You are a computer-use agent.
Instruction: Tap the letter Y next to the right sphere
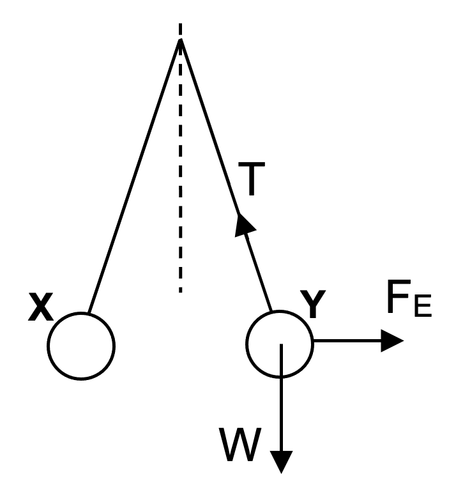(x=314, y=305)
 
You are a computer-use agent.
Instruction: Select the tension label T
(x=252, y=181)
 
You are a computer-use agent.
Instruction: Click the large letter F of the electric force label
(x=398, y=300)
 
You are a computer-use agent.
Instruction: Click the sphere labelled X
(x=81, y=346)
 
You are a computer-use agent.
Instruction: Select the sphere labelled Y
(x=280, y=343)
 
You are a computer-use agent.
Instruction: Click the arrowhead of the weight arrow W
(x=281, y=461)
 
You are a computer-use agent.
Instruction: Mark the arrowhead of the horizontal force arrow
(x=391, y=340)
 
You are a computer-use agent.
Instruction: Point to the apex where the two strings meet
(x=181, y=40)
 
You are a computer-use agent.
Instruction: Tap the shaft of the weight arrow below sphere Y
(x=281, y=409)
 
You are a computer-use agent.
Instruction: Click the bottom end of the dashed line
(x=181, y=291)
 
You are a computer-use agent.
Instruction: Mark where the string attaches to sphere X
(x=89, y=314)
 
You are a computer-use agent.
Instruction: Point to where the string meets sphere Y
(x=273, y=312)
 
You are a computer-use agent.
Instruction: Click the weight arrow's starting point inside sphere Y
(x=281, y=345)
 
